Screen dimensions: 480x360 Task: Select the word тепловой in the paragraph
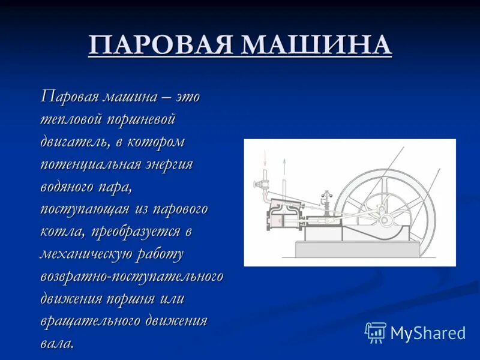coord(70,119)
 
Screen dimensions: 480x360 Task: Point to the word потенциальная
coord(91,164)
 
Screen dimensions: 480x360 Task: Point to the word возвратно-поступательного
coord(131,277)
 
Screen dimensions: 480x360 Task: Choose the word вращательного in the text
coord(91,322)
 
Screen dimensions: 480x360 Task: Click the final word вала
coord(57,343)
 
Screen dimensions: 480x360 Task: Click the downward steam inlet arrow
coord(265,158)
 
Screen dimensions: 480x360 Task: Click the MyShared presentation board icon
coord(376,332)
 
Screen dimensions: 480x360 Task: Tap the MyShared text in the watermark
coord(428,333)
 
